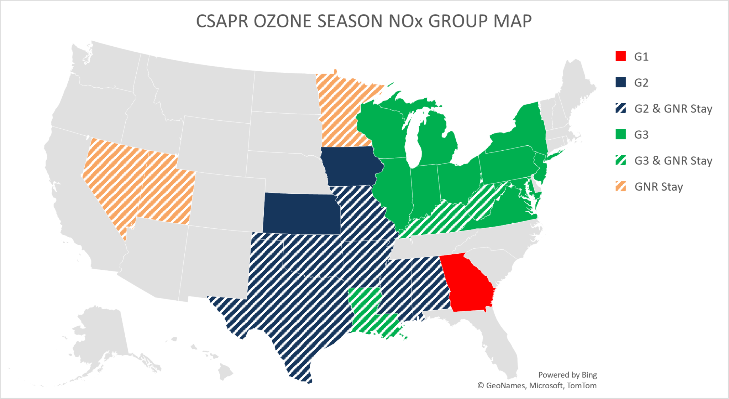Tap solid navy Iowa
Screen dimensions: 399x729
click(x=351, y=166)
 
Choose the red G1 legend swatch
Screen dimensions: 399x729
click(x=620, y=57)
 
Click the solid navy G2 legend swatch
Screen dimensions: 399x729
click(x=620, y=83)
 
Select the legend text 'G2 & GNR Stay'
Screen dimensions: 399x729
click(x=673, y=109)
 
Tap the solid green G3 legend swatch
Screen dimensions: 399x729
click(x=620, y=135)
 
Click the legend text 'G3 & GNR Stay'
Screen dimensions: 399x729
click(x=673, y=161)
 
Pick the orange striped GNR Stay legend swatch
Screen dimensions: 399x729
click(x=620, y=187)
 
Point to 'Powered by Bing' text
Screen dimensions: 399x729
click(x=567, y=375)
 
